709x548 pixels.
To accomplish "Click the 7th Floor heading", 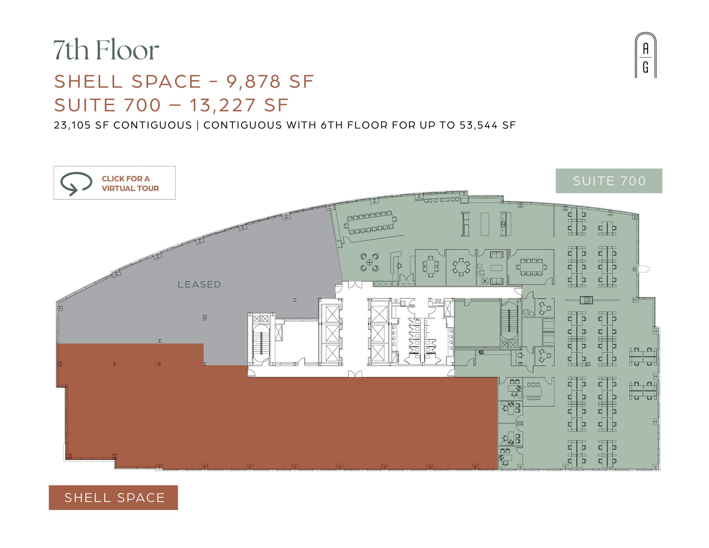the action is [x=106, y=50].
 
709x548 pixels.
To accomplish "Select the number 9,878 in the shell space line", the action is [x=253, y=82].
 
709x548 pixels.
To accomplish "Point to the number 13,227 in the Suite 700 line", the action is [x=222, y=105].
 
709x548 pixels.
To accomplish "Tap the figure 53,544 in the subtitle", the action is [x=479, y=125].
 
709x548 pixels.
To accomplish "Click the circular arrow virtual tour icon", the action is [x=76, y=183].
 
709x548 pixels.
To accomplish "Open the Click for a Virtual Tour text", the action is [x=130, y=183].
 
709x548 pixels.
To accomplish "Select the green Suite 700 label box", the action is [x=609, y=181].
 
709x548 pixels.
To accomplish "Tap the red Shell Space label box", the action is [x=113, y=497].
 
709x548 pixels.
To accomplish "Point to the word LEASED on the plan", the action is [x=199, y=285].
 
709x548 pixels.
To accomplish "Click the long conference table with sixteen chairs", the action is [x=370, y=223].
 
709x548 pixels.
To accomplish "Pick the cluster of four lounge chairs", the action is [x=369, y=262].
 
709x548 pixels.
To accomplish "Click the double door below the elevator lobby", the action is [x=355, y=374].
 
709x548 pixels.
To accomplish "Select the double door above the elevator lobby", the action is [x=355, y=285].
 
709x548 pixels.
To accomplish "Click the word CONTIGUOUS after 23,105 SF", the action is [x=153, y=125].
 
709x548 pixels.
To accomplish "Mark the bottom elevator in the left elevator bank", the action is [x=332, y=353].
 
